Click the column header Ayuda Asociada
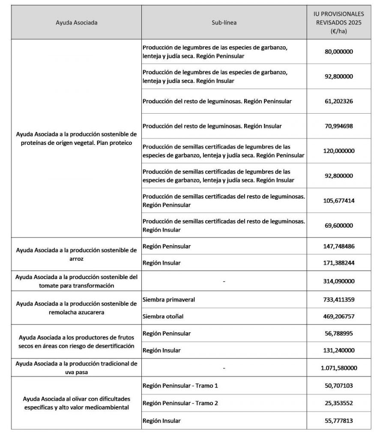[x=76, y=23]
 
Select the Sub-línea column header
[x=224, y=23]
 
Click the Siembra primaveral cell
[x=169, y=299]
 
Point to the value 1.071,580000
[x=341, y=368]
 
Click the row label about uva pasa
[x=76, y=368]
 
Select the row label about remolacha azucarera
[x=76, y=308]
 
